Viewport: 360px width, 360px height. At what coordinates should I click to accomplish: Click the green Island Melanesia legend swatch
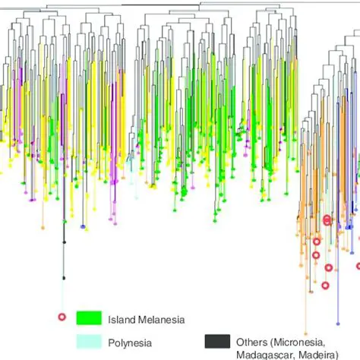pos(89,319)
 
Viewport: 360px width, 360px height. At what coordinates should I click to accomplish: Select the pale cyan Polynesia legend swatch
pos(89,342)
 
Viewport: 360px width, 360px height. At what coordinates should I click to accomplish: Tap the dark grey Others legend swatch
pos(218,342)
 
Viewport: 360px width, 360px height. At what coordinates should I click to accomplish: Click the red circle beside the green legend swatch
pos(63,317)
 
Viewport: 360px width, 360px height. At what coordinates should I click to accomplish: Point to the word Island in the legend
pos(119,320)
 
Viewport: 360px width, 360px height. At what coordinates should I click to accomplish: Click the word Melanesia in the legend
pos(159,320)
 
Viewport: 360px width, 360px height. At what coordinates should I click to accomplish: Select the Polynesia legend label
pos(129,343)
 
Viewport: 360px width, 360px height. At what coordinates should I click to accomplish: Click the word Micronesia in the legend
pos(302,343)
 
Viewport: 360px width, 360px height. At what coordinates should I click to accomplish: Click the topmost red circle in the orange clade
pos(327,219)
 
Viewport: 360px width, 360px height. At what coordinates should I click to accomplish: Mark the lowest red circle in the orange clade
pos(325,286)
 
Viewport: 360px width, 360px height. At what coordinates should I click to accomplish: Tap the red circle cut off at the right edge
pos(358,266)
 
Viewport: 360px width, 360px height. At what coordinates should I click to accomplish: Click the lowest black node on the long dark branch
pos(64,277)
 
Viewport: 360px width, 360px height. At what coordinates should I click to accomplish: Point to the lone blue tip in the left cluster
pos(83,226)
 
